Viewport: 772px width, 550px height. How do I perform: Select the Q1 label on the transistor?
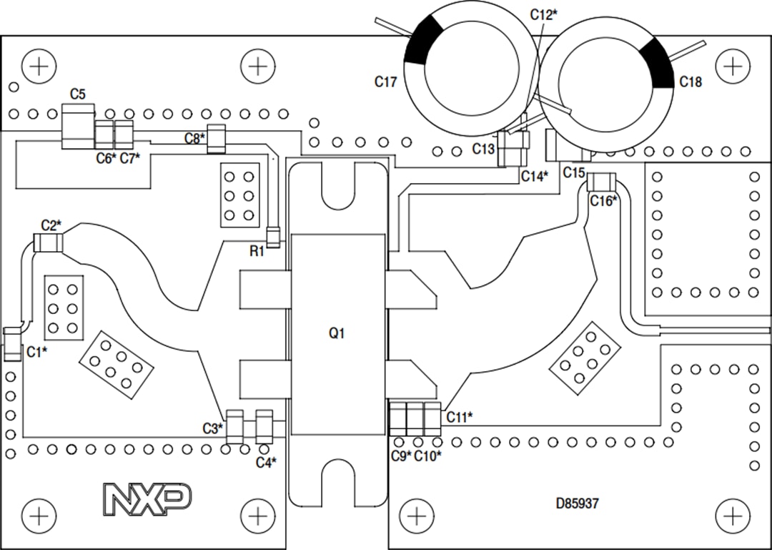click(x=337, y=333)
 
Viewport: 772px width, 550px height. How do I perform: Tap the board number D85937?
click(x=577, y=504)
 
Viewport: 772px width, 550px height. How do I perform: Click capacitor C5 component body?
click(x=77, y=126)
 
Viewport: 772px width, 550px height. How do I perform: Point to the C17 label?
click(x=385, y=82)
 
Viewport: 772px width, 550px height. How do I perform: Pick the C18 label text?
click(x=690, y=82)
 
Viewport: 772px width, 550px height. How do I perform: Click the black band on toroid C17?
click(x=425, y=39)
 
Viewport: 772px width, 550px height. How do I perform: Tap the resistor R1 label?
click(x=257, y=251)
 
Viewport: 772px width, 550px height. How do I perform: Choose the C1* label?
click(x=36, y=352)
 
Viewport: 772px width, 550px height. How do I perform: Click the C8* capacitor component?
click(x=217, y=139)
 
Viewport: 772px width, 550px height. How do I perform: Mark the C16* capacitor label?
click(x=603, y=201)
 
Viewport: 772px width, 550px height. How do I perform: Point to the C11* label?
click(x=460, y=416)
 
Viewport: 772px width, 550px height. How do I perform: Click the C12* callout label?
click(x=544, y=14)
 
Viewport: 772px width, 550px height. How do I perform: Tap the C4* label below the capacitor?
click(x=267, y=462)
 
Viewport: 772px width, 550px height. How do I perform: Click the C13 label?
click(x=483, y=149)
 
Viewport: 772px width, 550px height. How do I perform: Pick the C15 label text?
click(x=574, y=172)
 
